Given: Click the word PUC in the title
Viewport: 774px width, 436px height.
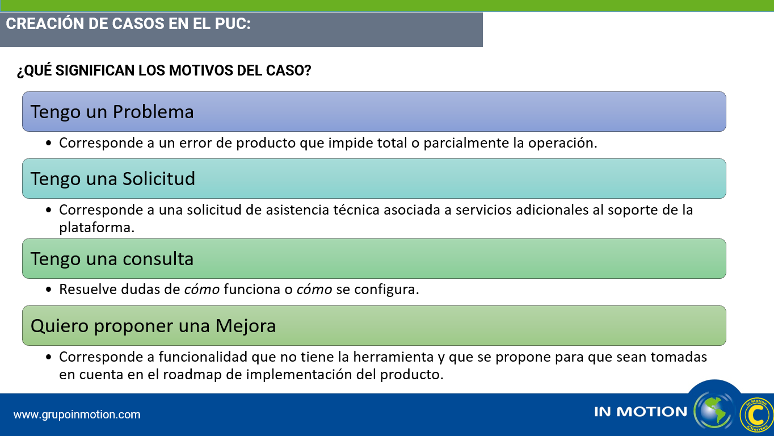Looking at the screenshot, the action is [232, 23].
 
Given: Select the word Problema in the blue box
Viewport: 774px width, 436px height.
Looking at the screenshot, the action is [153, 112].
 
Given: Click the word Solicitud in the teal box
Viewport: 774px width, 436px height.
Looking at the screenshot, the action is [158, 178].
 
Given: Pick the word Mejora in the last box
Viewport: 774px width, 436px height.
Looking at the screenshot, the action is [246, 326].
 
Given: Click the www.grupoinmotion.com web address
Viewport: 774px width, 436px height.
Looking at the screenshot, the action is [77, 414].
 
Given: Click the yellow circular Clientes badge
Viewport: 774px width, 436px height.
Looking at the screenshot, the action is [756, 415].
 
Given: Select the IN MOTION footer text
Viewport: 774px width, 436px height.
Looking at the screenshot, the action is [641, 412].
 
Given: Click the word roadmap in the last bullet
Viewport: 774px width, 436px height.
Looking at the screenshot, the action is [192, 375].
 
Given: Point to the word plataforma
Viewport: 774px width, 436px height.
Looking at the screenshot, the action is [96, 228].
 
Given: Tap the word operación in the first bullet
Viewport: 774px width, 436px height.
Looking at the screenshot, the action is [562, 143].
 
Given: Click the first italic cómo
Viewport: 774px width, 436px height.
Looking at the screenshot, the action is [202, 290].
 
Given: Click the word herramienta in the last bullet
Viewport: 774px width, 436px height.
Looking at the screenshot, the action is [393, 357].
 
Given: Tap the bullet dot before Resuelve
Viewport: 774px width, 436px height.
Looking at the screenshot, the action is [49, 290].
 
